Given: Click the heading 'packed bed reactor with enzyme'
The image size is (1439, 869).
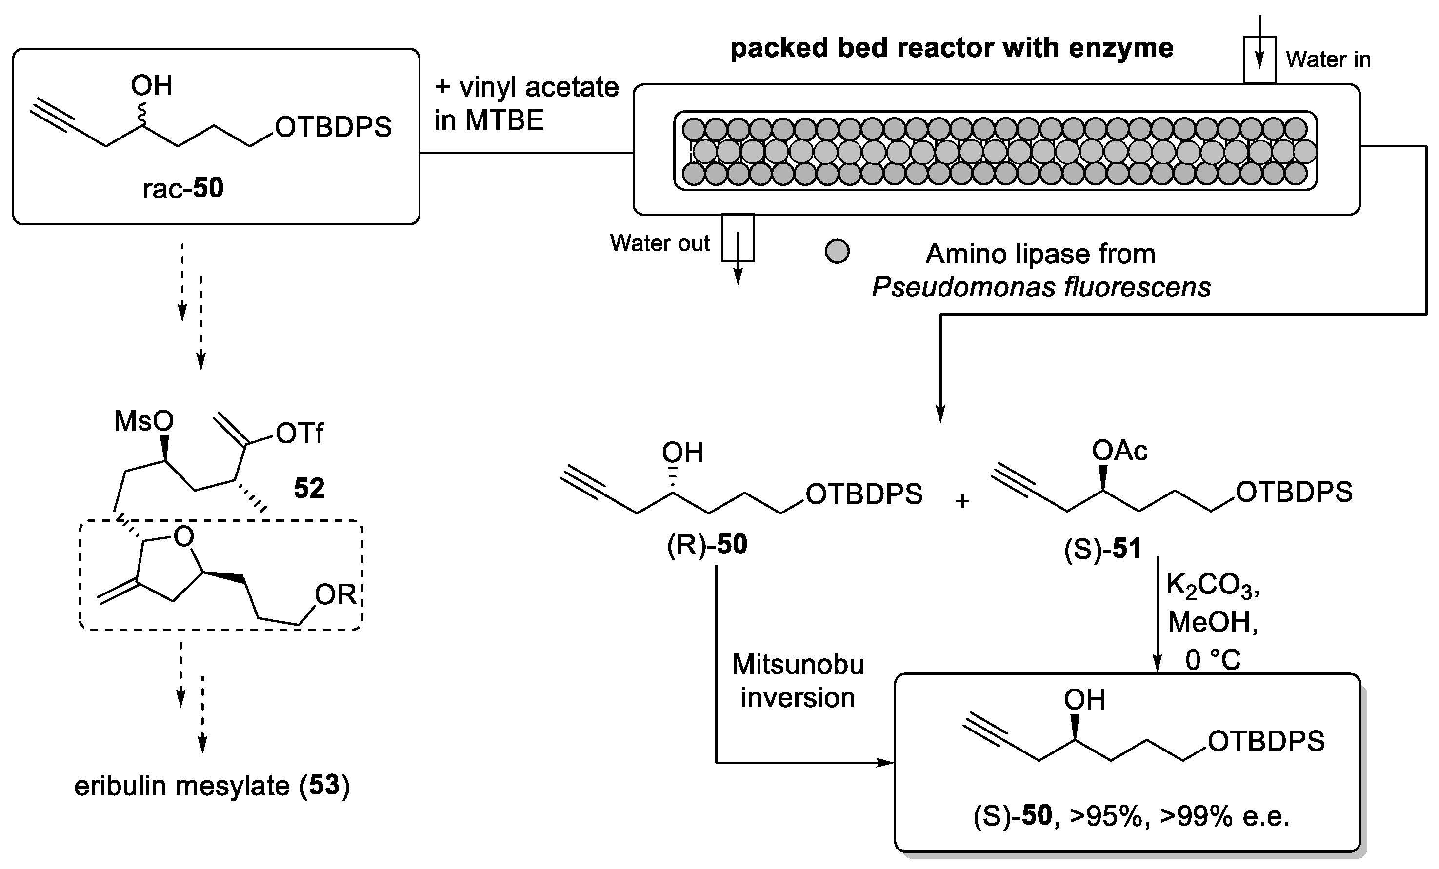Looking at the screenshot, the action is (x=952, y=48).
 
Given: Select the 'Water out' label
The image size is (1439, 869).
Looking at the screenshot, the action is (x=660, y=243).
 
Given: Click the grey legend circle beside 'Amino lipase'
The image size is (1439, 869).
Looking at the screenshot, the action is (x=837, y=252).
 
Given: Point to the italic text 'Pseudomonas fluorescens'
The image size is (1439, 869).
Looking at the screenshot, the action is (x=1041, y=287).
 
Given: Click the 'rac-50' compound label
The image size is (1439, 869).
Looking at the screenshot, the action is (x=183, y=189).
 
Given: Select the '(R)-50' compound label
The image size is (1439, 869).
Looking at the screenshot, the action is (x=707, y=545).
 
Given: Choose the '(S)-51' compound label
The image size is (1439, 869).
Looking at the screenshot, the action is (x=1102, y=550).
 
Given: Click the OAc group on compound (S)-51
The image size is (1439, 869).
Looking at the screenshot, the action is (x=1120, y=450).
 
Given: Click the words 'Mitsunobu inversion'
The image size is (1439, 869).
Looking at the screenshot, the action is (x=798, y=681).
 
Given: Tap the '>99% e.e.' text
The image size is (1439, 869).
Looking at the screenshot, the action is (x=1225, y=816).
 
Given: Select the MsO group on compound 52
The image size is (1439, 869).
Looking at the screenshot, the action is (x=144, y=420).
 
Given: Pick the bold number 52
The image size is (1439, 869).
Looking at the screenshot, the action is (x=309, y=488).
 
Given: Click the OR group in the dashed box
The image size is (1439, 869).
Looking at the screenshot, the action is (x=336, y=594).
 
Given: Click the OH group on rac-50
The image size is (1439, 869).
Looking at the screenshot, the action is (x=152, y=86).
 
